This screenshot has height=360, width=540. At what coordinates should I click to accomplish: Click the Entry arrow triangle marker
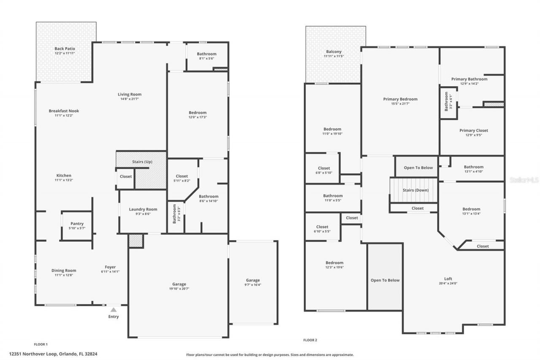tap(113, 310)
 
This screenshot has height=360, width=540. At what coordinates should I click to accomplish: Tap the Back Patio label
tap(65, 49)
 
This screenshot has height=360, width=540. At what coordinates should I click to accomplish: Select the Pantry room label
tap(77, 224)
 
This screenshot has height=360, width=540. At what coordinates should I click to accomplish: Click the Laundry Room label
tap(143, 209)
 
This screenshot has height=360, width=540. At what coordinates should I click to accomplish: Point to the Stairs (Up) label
tap(142, 162)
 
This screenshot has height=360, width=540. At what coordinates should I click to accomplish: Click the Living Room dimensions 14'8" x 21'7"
tap(130, 99)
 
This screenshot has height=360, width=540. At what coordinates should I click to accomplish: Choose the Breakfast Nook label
tap(64, 111)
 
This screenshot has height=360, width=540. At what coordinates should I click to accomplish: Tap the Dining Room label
tap(64, 271)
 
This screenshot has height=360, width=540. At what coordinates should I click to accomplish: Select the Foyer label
tap(110, 267)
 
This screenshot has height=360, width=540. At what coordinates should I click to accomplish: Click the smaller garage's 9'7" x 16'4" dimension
tap(253, 285)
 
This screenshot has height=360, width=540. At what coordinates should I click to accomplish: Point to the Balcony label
tap(334, 51)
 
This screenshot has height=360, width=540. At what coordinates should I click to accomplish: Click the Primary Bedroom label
tap(400, 99)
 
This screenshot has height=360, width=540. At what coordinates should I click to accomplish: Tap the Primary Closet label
tap(473, 131)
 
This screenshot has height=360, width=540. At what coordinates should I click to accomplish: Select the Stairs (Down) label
tap(415, 190)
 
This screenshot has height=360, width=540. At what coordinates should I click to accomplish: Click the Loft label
tap(448, 279)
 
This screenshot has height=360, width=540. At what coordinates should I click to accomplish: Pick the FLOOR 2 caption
tap(310, 340)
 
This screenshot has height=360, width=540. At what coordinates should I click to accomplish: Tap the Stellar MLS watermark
tap(524, 180)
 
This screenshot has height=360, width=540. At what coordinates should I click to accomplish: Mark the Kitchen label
tap(64, 176)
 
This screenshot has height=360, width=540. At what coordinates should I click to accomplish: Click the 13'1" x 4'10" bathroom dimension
tap(473, 172)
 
